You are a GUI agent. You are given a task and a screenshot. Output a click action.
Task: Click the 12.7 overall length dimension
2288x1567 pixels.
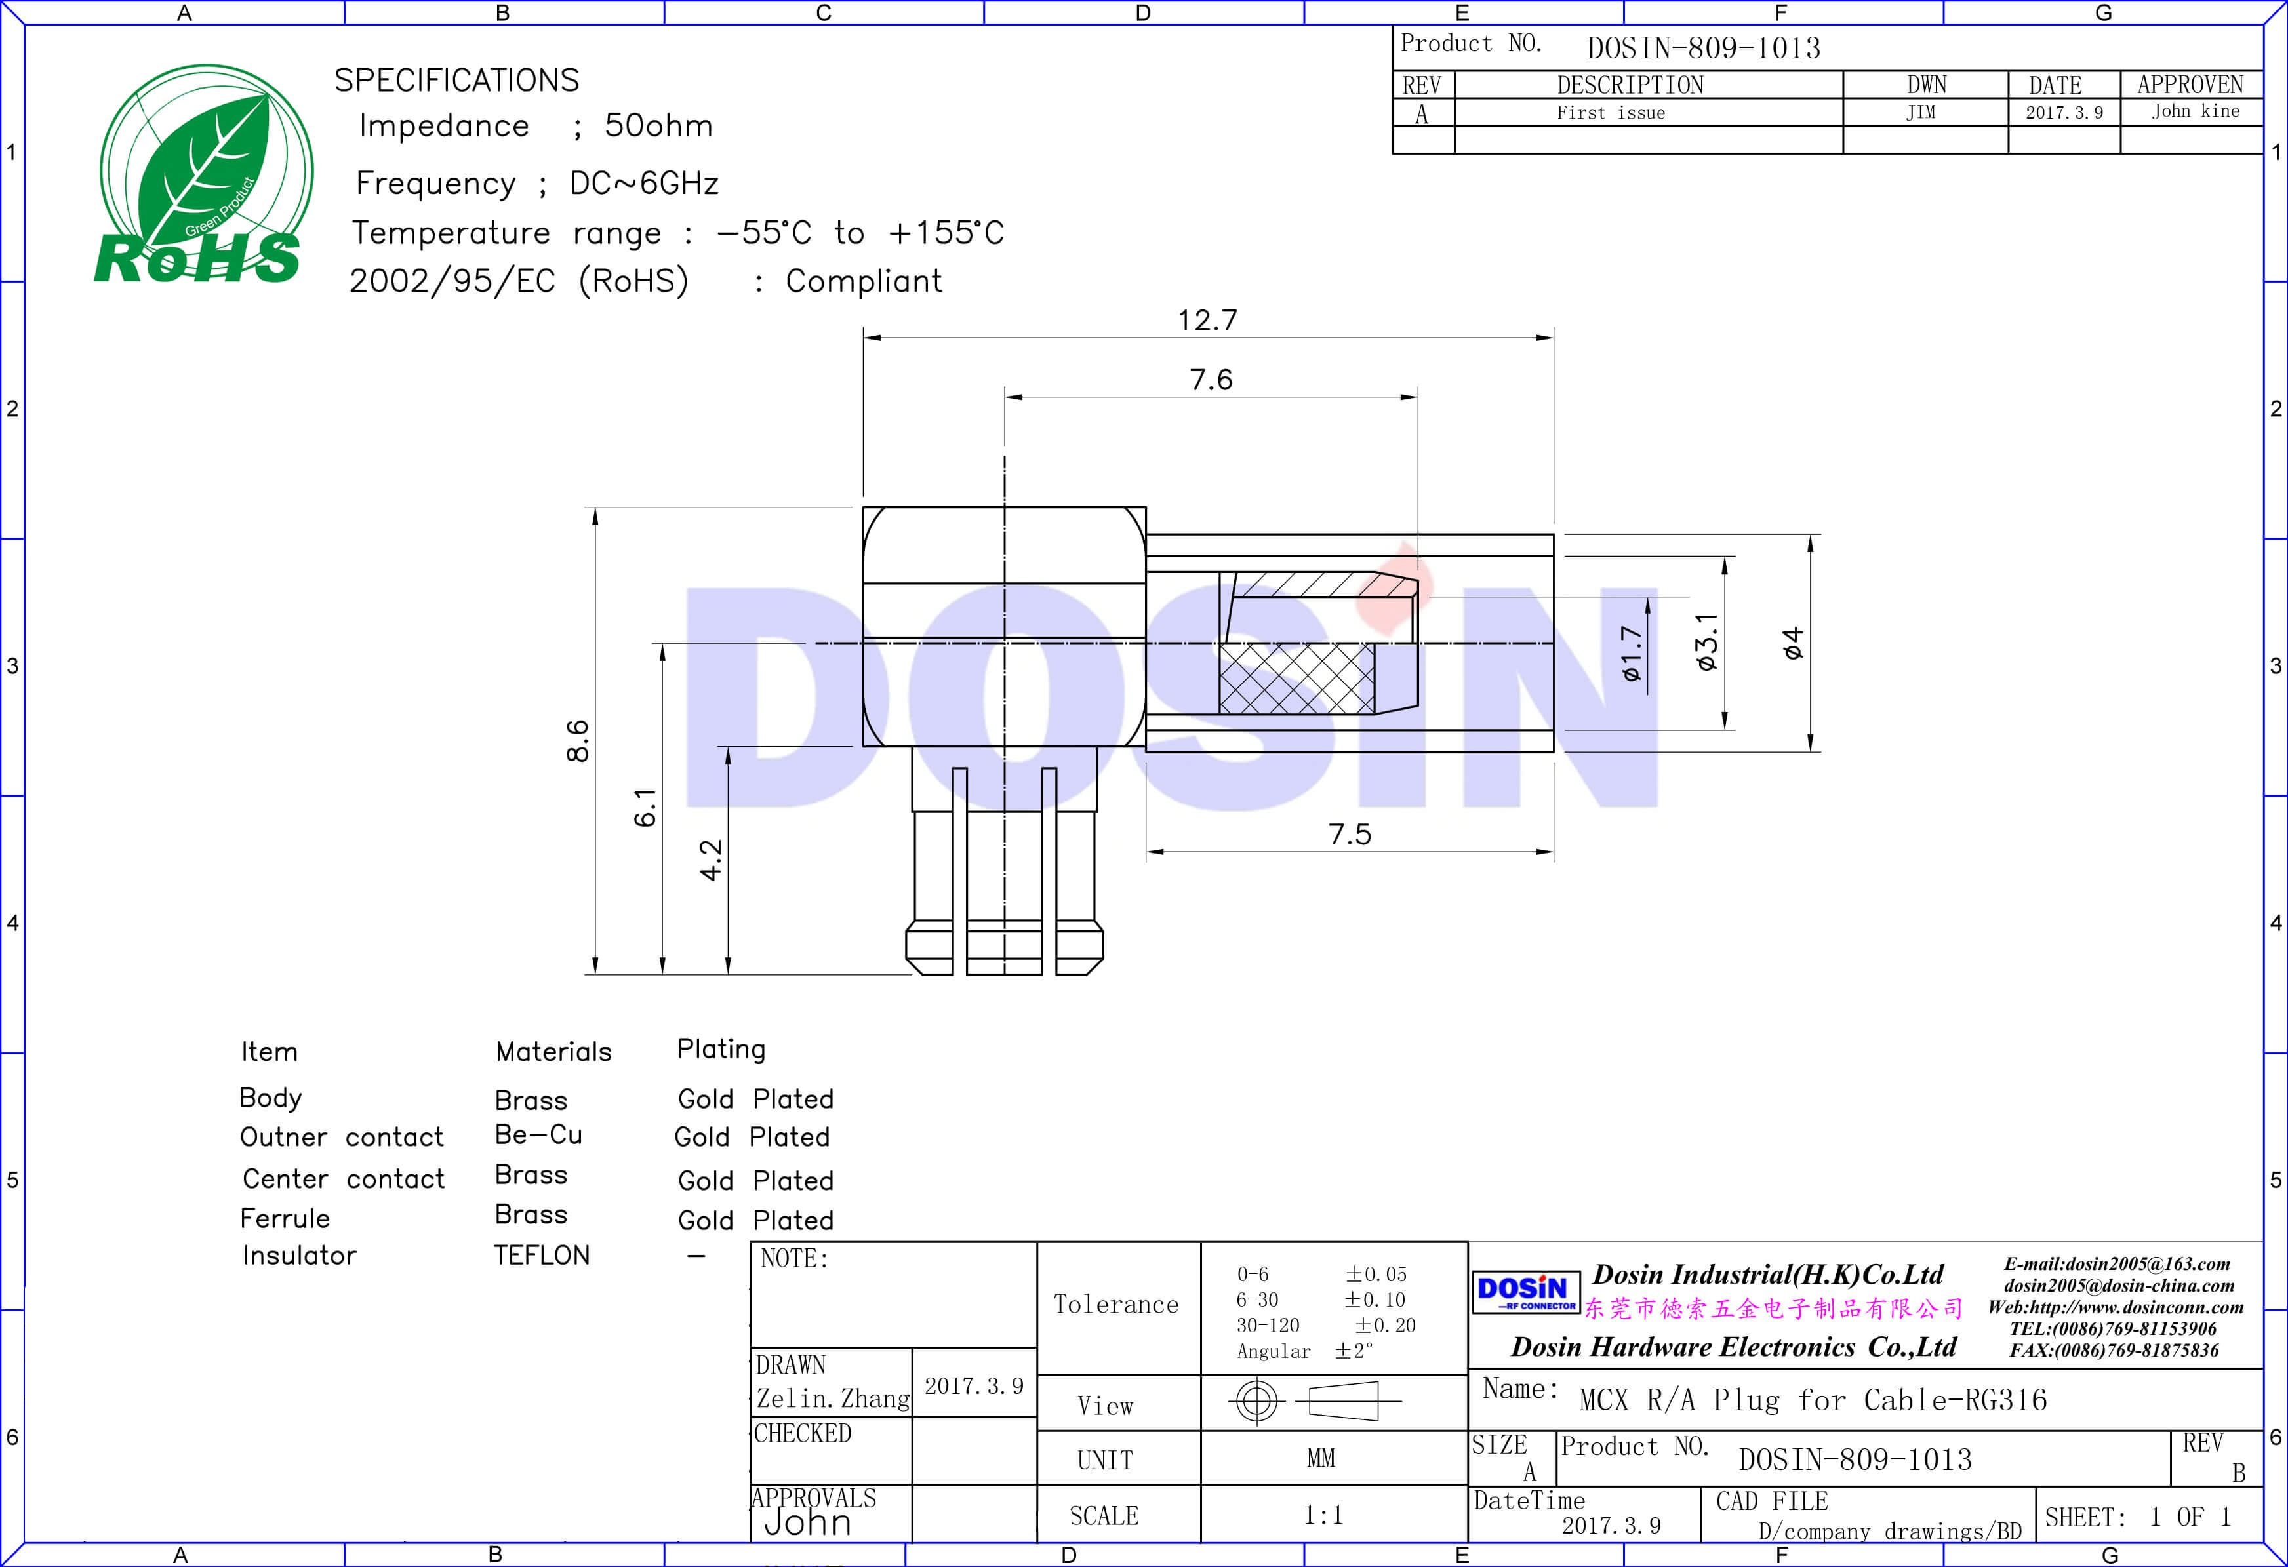pos(1207,320)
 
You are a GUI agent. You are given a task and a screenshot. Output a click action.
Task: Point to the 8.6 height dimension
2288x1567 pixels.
pos(578,740)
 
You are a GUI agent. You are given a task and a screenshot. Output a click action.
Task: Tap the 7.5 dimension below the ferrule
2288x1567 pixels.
pos(1349,834)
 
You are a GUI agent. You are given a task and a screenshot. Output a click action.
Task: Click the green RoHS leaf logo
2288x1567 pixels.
pos(203,174)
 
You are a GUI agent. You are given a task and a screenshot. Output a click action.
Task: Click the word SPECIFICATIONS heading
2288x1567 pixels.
pos(457,80)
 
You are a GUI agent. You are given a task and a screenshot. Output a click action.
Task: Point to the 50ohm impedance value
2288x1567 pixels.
pos(658,125)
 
